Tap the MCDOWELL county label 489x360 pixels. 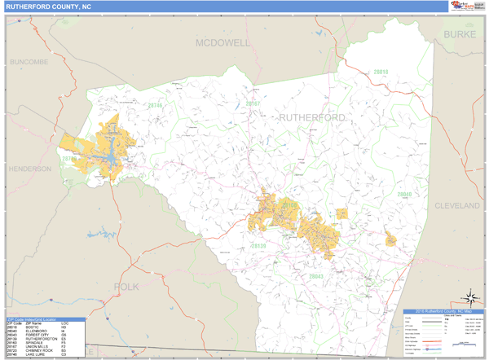click(222, 42)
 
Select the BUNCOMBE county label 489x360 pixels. click(29, 62)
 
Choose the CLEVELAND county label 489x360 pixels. click(457, 206)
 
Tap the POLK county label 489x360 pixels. click(127, 287)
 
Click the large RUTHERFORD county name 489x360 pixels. click(312, 118)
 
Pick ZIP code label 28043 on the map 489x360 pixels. click(316, 277)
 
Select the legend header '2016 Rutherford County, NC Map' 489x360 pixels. click(444, 312)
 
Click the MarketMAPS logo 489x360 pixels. click(460, 7)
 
